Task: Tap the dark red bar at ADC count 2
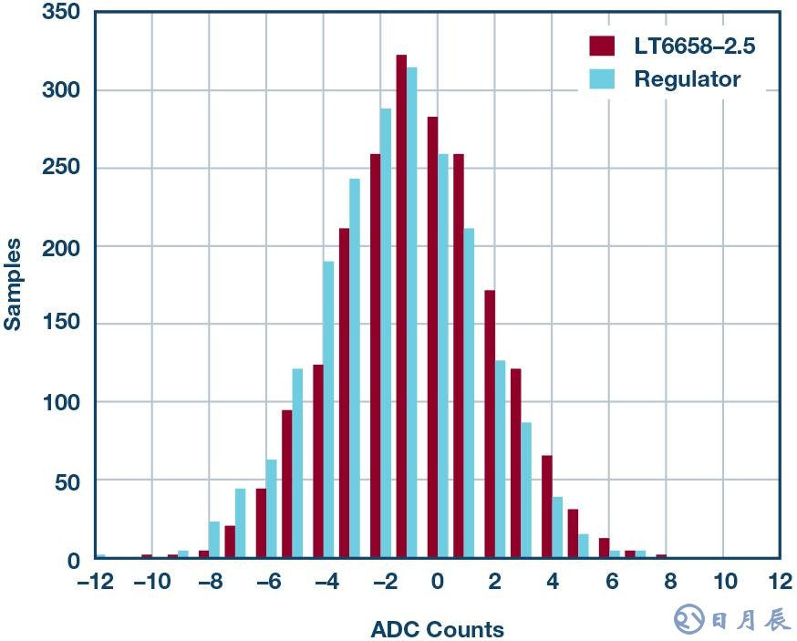tap(490, 424)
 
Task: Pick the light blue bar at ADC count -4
tap(328, 409)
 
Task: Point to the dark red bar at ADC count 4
tap(547, 506)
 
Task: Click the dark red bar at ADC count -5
tap(286, 483)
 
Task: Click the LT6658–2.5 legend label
tap(694, 46)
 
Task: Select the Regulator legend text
tap(687, 79)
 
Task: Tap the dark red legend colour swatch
tap(602, 46)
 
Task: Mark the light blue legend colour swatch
tap(602, 79)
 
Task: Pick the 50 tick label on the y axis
tap(67, 481)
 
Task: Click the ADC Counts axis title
tap(437, 629)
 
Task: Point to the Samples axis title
tap(13, 284)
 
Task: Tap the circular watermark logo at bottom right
tap(688, 620)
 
